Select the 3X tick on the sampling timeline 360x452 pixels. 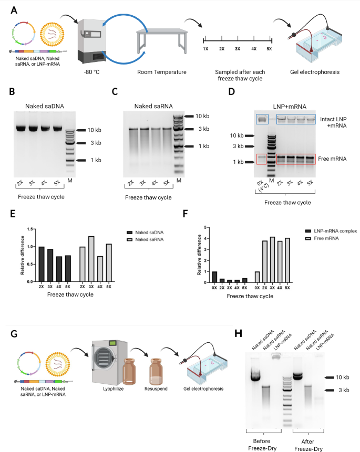pyautogui.click(x=238, y=48)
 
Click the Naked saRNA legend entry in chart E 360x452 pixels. pyautogui.click(x=142, y=239)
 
